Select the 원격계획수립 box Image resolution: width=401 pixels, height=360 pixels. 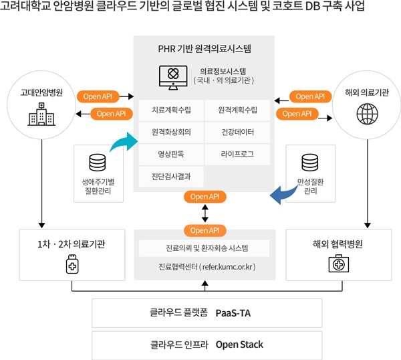pos(238,110)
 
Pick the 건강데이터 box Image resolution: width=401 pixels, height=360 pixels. pos(238,132)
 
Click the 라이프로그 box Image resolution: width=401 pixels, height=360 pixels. pos(238,154)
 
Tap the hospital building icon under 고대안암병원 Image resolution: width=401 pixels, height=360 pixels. pos(41,114)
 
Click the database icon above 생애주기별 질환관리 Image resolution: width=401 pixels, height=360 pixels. pos(98,163)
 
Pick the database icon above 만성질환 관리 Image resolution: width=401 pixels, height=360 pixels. pos(309,163)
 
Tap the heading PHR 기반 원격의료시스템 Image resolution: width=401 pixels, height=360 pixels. pos(205,49)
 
